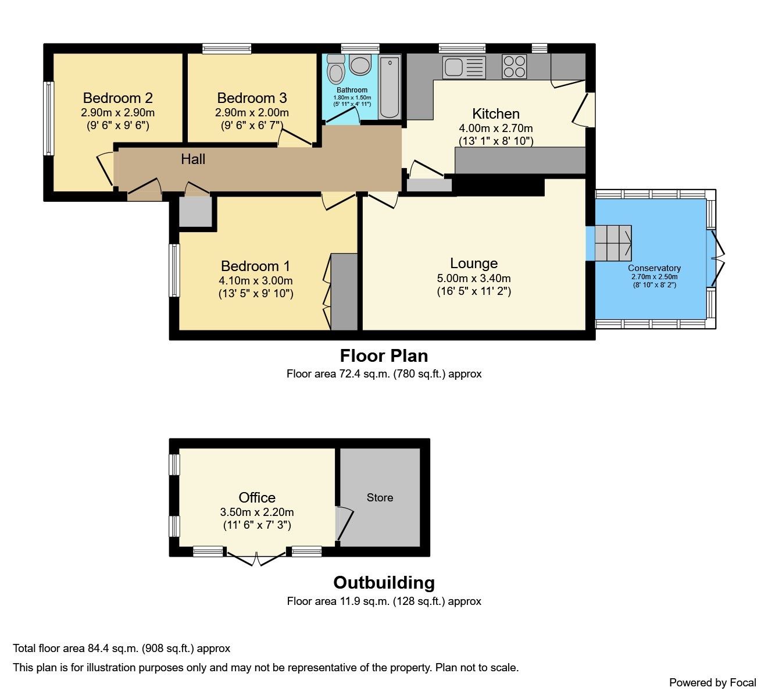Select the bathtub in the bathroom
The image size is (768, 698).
(390, 87)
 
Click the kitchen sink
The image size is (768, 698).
(463, 67)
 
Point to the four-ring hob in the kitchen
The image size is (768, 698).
(514, 66)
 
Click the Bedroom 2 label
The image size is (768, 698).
(118, 98)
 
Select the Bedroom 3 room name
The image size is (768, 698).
(252, 98)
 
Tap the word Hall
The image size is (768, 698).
(193, 159)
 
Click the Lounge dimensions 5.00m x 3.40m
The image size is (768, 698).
(474, 278)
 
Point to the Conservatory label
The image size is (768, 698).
(654, 268)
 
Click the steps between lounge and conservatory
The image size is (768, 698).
(612, 243)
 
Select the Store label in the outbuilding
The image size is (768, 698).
(380, 497)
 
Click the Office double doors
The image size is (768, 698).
(256, 558)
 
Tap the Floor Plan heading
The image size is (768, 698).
(384, 355)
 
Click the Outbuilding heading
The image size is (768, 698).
(384, 582)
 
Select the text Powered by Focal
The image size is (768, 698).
(712, 682)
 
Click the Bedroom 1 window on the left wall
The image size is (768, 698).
(174, 270)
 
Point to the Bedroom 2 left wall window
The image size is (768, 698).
(49, 118)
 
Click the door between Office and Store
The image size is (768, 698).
(344, 523)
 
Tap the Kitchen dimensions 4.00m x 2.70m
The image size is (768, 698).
(496, 128)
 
